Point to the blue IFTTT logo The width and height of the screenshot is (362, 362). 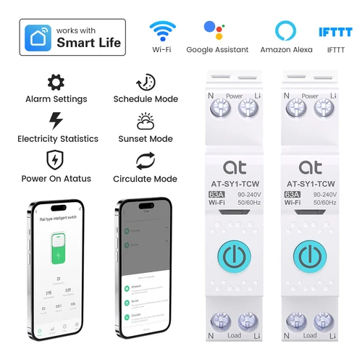335,32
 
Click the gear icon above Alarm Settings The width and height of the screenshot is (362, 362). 56,82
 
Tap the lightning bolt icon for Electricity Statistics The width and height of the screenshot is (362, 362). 56,120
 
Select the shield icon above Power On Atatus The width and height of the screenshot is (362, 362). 56,159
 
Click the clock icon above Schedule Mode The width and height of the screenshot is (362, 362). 145,82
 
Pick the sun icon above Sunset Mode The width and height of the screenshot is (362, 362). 145,120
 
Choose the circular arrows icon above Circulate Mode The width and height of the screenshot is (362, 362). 145,159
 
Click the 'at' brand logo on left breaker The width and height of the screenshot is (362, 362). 234,167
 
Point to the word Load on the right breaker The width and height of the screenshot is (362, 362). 310,335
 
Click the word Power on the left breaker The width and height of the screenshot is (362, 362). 234,96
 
